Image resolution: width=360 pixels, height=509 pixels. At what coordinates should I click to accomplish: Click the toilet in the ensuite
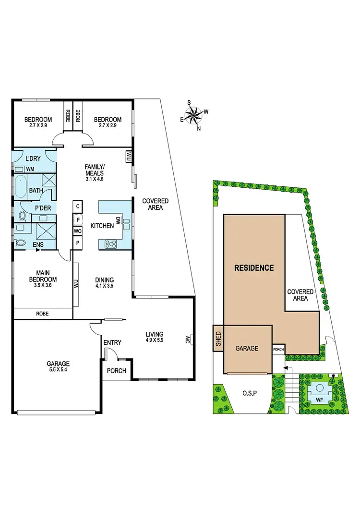[x=21, y=243]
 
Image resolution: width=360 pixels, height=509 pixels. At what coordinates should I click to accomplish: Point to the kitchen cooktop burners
[x=111, y=244]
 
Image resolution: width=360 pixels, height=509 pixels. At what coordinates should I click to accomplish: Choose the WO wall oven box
[x=77, y=231]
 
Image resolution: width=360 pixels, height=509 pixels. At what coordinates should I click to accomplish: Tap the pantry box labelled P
[x=77, y=243]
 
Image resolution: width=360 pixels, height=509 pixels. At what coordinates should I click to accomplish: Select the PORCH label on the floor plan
[x=117, y=371]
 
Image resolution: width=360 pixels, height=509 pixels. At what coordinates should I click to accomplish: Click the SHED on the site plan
[x=218, y=339]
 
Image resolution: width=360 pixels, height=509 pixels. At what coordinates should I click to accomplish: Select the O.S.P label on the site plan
[x=250, y=394]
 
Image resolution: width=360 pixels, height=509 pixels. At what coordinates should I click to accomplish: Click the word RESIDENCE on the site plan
[x=254, y=268]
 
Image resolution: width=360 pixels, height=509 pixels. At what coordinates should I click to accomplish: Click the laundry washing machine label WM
[x=30, y=169]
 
